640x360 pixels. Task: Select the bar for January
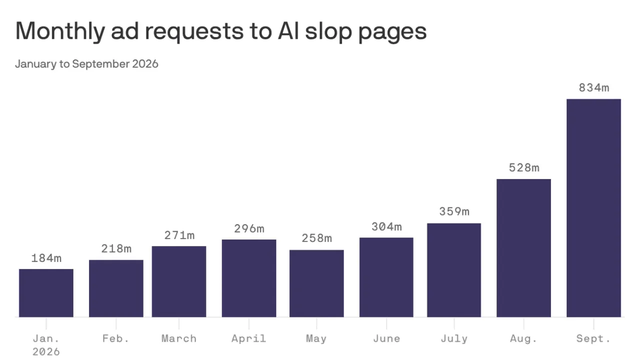pos(46,293)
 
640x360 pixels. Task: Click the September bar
pos(593,208)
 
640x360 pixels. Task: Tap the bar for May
pos(316,283)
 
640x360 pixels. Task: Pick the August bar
pos(523,248)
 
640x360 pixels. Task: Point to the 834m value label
pos(594,87)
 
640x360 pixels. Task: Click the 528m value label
pos(524,167)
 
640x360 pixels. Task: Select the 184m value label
pos(46,258)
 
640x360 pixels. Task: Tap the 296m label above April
pos(249,228)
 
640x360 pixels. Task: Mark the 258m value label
pos(317,238)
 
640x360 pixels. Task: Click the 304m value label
pos(386,227)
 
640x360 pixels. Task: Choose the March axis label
pos(179,338)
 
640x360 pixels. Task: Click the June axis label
pos(386,338)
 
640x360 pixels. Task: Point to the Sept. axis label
pos(593,338)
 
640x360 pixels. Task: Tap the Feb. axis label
pos(116,338)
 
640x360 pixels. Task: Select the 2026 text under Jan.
pos(46,351)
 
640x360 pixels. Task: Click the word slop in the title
pos(328,31)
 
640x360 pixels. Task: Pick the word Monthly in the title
pos(60,31)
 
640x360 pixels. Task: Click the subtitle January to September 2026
pos(86,63)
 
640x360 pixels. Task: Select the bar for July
pos(454,270)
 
